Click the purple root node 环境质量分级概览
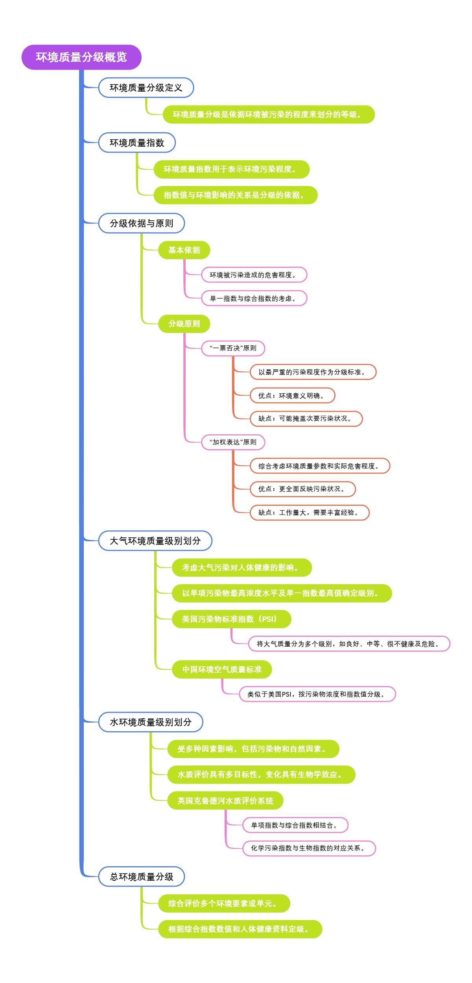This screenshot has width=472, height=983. tap(81, 57)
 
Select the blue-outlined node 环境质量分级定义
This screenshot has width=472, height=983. tap(146, 88)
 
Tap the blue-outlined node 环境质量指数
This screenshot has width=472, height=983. tap(136, 143)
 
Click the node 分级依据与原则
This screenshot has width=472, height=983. tap(141, 223)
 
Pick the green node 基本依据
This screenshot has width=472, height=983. tap(184, 250)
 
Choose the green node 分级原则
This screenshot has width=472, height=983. tap(184, 324)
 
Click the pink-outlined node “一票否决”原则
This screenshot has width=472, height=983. tap(233, 348)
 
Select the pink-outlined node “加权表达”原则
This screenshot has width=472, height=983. tap(233, 442)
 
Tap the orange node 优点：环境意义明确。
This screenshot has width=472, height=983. tap(292, 396)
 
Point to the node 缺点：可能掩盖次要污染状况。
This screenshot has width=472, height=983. tap(306, 419)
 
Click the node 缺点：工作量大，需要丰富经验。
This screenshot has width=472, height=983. tap(310, 513)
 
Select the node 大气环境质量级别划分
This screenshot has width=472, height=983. tap(155, 541)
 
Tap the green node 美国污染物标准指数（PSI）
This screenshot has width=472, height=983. tap(231, 619)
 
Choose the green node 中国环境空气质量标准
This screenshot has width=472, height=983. tap(221, 669)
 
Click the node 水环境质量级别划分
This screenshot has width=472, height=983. tap(150, 722)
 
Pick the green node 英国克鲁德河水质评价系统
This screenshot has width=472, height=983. tap(225, 800)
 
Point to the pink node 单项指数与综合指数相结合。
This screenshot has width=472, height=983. tap(295, 825)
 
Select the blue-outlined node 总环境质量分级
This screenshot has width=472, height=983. tap(141, 877)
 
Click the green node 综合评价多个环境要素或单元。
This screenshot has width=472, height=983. tap(224, 904)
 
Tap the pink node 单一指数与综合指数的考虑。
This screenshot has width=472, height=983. tap(254, 299)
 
